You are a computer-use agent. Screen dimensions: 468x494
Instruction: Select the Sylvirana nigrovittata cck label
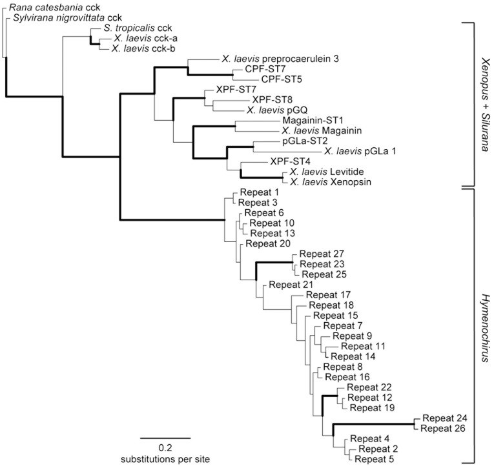[63, 19]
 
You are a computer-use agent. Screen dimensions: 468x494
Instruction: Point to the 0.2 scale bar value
[165, 447]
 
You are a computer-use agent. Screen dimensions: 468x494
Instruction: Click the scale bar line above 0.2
[165, 438]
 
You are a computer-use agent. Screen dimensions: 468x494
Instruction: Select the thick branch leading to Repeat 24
[375, 423]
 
